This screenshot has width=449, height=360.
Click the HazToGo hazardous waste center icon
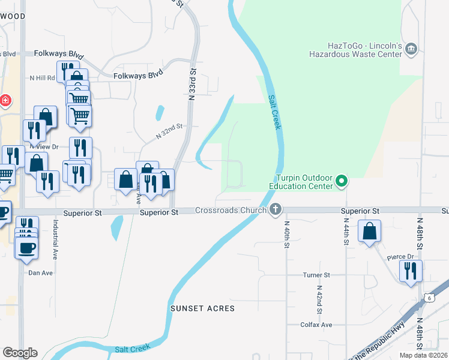click(x=411, y=49)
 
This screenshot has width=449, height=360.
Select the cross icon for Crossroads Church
click(x=276, y=209)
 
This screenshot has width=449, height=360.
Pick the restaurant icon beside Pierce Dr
click(x=411, y=270)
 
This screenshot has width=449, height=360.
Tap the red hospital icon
click(x=5, y=100)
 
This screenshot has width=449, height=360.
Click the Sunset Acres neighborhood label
click(x=202, y=308)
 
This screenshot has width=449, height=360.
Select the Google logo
click(x=20, y=352)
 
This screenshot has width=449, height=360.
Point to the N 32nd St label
click(x=169, y=131)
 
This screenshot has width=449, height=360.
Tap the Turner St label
click(x=316, y=275)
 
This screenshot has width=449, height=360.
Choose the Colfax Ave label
click(x=316, y=325)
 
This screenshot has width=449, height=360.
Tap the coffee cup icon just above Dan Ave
click(x=26, y=247)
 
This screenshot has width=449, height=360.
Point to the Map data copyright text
click(x=423, y=355)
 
